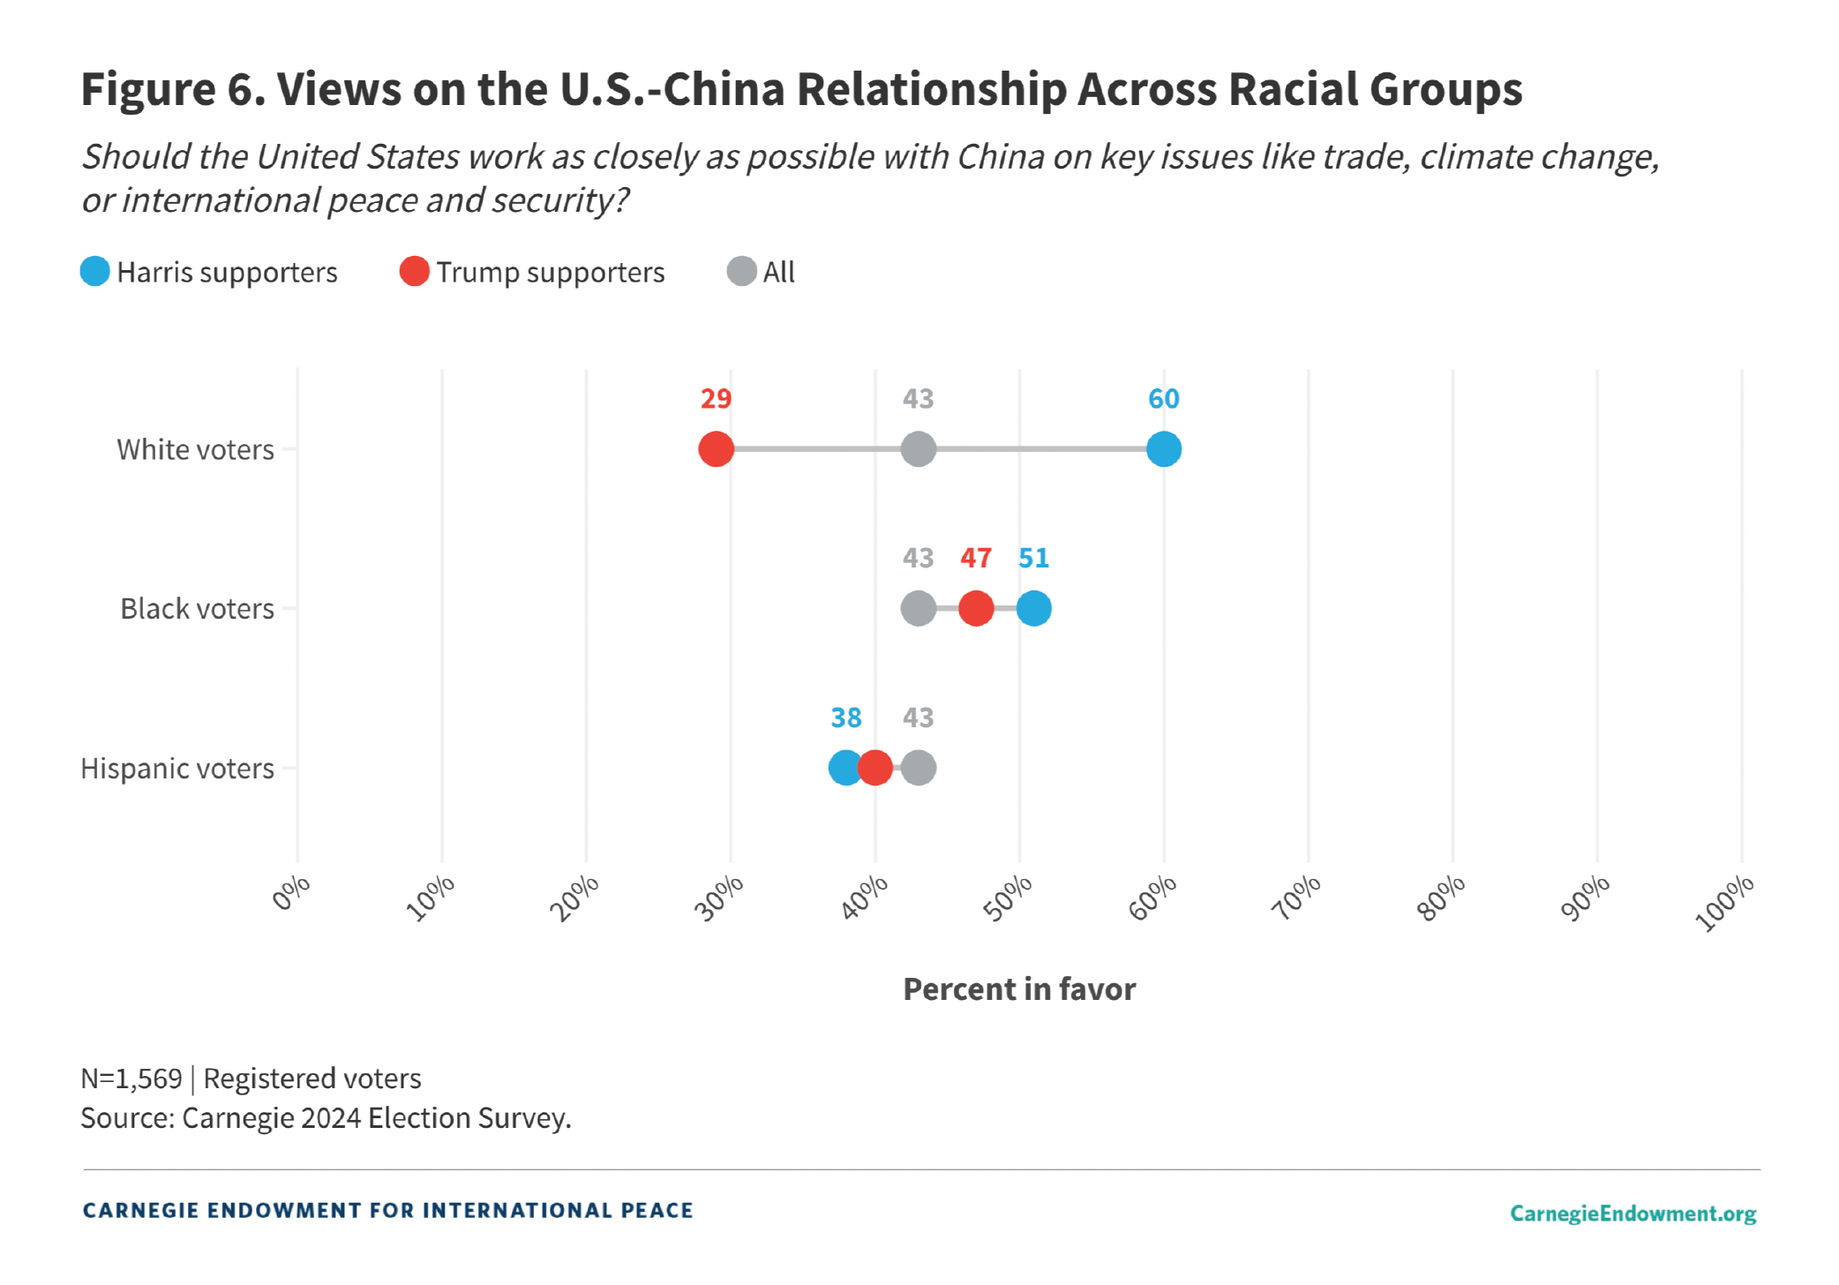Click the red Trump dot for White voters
pos(716,449)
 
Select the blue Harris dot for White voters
pos(1164,449)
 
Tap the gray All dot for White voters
pos(918,449)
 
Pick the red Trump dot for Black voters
pos(976,608)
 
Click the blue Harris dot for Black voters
pos(1033,608)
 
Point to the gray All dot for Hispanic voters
pos(919,768)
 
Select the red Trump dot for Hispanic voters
pos(874,768)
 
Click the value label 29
pos(716,399)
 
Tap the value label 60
pos(1164,399)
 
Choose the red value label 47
pos(976,558)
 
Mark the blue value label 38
pos(845,718)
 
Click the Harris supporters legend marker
pos(95,271)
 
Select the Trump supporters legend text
pos(550,272)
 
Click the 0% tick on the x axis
pos(291,893)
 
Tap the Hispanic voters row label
pos(177,769)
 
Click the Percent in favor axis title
pos(1019,989)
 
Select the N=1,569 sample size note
pos(131,1078)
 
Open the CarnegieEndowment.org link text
pos(1633,1213)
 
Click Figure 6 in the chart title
pos(173,89)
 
